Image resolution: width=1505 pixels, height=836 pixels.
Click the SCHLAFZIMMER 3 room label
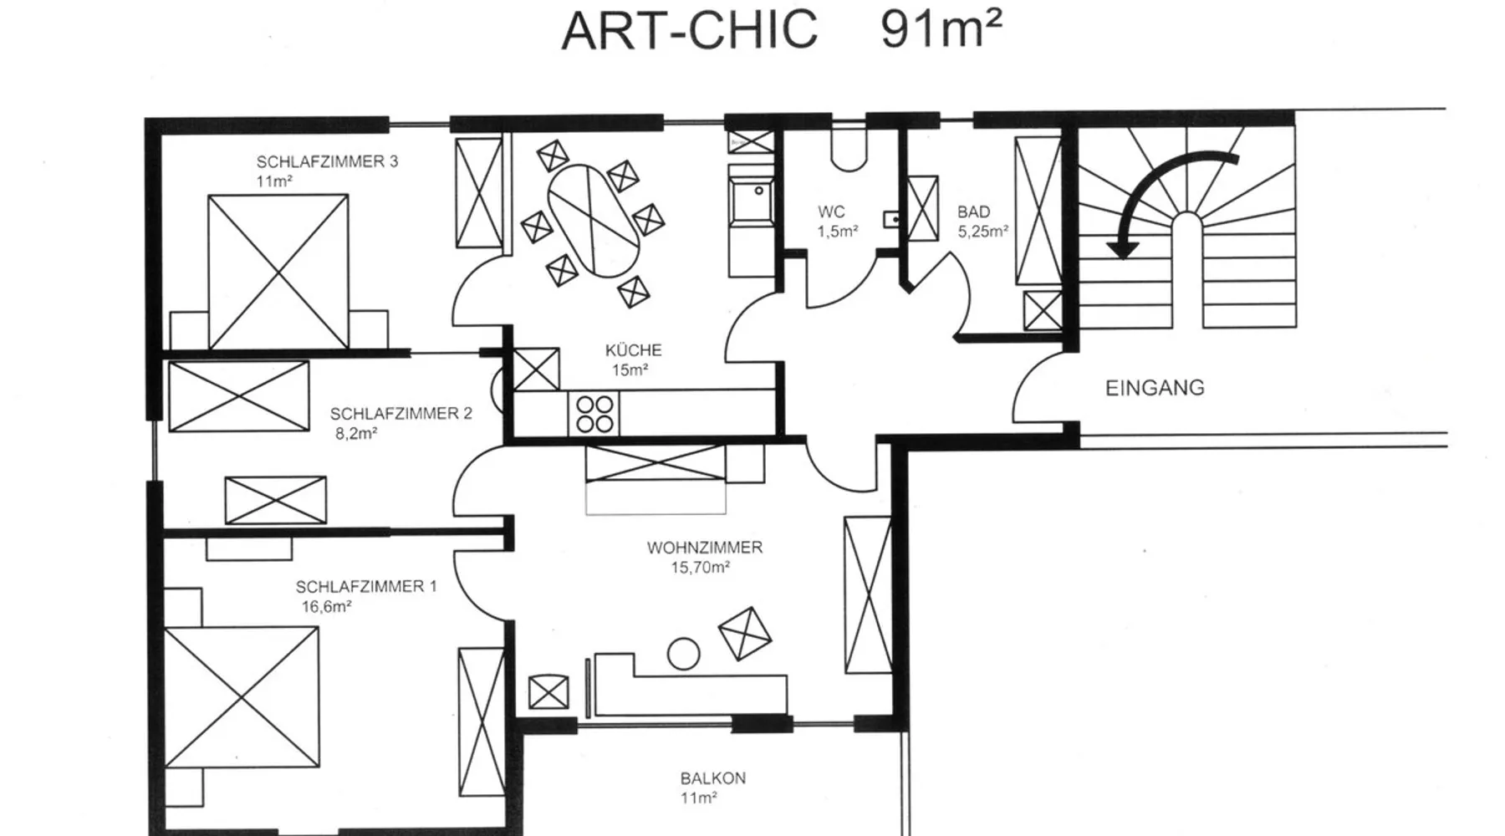tap(327, 161)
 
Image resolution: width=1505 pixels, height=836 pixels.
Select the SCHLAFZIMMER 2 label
tap(400, 413)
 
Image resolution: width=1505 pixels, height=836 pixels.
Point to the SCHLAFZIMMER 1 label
tap(366, 586)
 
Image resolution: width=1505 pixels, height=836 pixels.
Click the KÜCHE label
tap(633, 350)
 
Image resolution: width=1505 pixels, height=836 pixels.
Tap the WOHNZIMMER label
tap(704, 548)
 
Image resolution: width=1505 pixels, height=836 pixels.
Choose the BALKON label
tap(712, 777)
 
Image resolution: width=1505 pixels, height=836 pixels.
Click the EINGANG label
tap(1155, 388)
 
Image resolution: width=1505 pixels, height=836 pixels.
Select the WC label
tap(831, 212)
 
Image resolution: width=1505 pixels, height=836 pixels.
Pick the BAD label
tap(973, 212)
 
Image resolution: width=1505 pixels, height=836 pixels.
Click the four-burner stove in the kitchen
tap(594, 415)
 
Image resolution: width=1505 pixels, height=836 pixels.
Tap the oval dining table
tap(594, 221)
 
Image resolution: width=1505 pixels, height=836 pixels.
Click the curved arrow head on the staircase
tap(1122, 246)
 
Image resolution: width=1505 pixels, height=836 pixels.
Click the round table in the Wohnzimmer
tap(683, 654)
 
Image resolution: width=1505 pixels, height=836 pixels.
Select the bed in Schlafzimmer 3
tap(278, 272)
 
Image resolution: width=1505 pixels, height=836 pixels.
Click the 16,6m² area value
tap(326, 607)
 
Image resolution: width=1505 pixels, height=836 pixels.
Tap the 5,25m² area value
tap(983, 232)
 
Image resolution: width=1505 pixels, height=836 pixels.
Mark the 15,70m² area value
tap(701, 568)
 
